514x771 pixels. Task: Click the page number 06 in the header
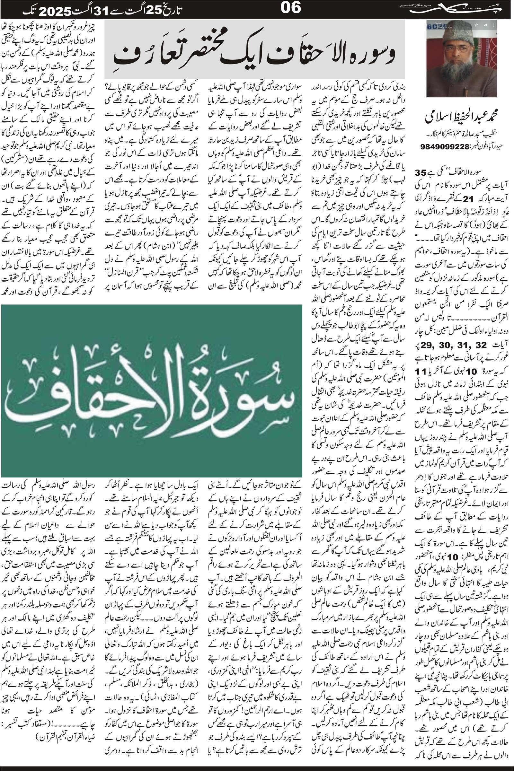tap(291, 8)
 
